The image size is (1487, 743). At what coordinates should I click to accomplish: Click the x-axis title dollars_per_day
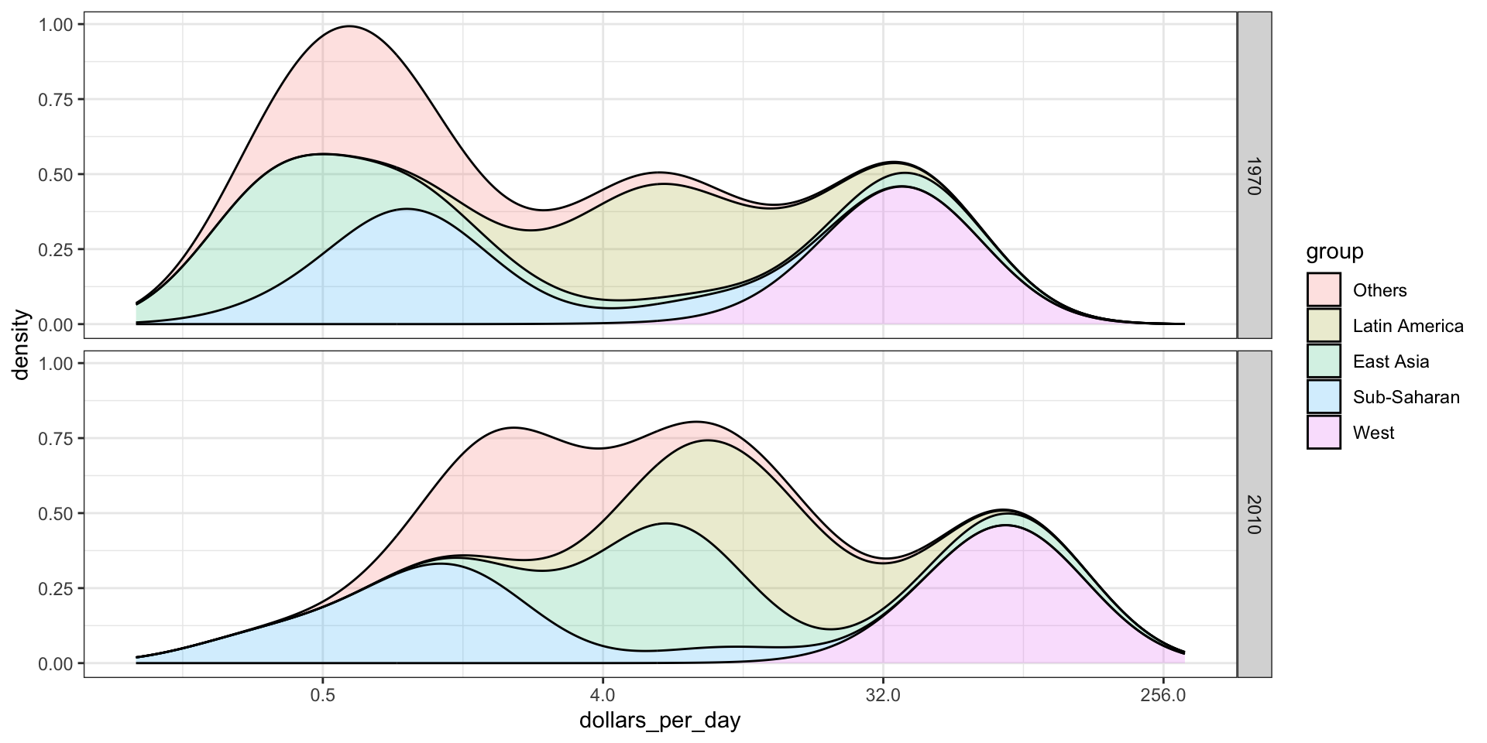(660, 721)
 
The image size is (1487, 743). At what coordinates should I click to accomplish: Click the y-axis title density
(21, 345)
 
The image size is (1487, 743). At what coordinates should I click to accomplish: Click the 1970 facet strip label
(1254, 176)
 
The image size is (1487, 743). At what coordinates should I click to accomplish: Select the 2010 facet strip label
(1254, 514)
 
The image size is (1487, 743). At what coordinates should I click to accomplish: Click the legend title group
(1334, 252)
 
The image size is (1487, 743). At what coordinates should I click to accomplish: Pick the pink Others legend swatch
(1324, 290)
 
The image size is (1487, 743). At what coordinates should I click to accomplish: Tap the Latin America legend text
(1408, 326)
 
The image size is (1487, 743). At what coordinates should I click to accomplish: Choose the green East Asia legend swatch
(1324, 361)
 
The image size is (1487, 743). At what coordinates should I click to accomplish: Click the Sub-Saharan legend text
(1406, 397)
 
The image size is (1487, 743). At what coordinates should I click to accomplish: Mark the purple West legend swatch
(1324, 433)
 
